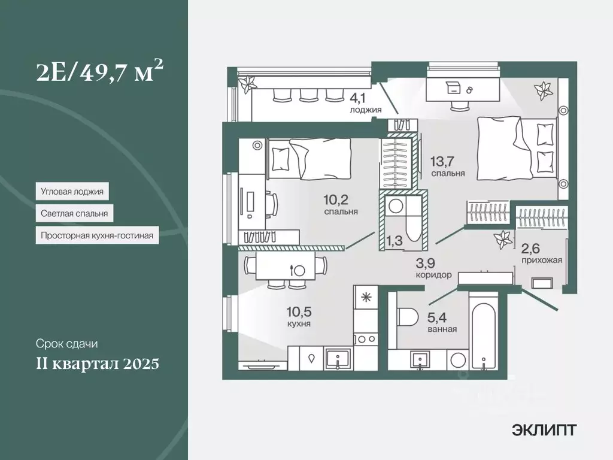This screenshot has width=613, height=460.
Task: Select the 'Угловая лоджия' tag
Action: pyautogui.click(x=72, y=192)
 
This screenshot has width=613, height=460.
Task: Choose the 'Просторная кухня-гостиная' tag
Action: pyautogui.click(x=96, y=235)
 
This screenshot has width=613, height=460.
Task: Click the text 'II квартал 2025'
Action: pyautogui.click(x=98, y=363)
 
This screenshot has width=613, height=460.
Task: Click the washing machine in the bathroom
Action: pyautogui.click(x=457, y=360)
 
